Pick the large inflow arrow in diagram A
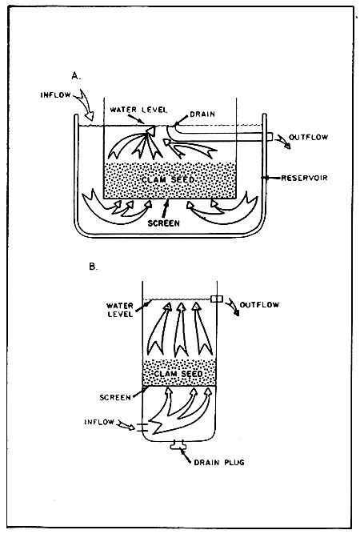[x=82, y=106]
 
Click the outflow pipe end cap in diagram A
[x=270, y=138]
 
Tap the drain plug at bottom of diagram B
[x=178, y=445]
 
